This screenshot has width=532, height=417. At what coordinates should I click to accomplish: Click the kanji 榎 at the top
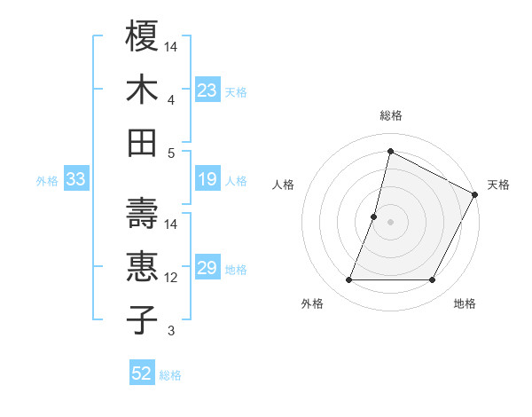click(143, 36)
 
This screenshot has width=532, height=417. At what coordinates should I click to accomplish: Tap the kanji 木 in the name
click(143, 90)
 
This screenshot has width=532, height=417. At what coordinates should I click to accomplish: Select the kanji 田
click(143, 143)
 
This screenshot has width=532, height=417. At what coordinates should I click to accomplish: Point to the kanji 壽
click(143, 213)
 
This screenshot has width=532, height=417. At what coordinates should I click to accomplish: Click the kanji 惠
click(143, 266)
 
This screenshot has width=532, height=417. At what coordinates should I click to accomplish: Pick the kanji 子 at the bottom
click(143, 319)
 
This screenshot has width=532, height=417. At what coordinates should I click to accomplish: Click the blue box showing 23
click(207, 90)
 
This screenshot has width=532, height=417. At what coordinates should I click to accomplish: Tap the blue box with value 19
click(207, 180)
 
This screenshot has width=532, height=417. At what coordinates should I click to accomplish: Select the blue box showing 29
click(207, 269)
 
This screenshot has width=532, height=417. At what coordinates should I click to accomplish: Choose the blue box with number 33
click(76, 180)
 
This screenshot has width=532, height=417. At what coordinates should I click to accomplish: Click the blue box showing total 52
click(142, 374)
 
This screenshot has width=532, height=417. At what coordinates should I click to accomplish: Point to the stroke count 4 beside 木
click(170, 99)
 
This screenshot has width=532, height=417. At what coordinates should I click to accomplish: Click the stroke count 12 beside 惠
click(171, 278)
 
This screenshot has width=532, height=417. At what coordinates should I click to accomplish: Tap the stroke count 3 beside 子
click(170, 331)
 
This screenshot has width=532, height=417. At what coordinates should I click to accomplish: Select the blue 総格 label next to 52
click(170, 374)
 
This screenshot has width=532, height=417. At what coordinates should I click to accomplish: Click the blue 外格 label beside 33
click(47, 181)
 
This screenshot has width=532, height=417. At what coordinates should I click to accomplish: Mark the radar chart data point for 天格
click(475, 195)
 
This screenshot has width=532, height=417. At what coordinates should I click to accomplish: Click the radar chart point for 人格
click(374, 216)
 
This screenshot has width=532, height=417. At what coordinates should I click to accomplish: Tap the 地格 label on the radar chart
click(465, 303)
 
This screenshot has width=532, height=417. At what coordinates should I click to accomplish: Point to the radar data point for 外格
click(348, 280)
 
